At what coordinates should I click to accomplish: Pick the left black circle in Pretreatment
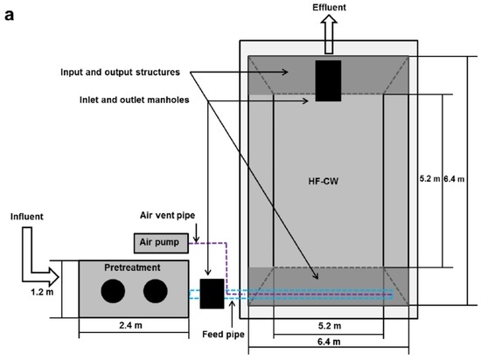pos(111,294)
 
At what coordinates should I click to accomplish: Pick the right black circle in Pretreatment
pos(155,294)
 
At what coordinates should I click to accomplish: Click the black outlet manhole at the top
pos(328,80)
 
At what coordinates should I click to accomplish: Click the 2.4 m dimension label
pos(132,344)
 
